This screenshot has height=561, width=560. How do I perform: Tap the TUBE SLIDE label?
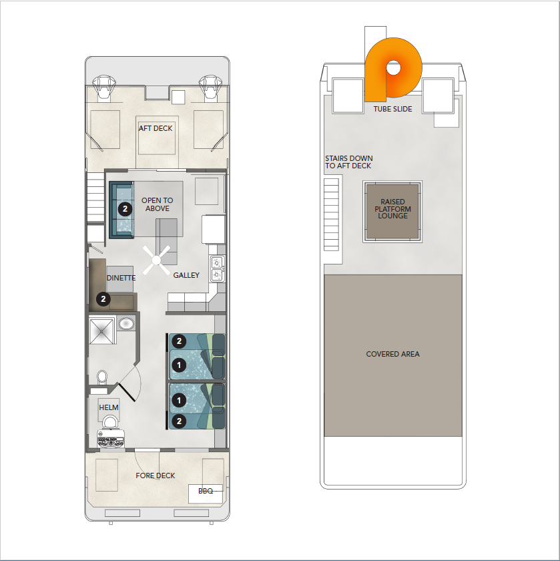(x=392, y=109)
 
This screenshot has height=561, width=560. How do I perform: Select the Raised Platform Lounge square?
(x=392, y=212)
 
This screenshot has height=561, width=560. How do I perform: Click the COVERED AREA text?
(x=392, y=354)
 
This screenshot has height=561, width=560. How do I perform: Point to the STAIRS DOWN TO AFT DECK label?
(x=348, y=162)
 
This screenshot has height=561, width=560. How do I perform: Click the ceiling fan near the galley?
(x=157, y=260)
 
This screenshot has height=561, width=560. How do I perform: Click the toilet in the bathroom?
(x=102, y=378)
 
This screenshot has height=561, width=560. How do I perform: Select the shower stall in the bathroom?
(x=102, y=331)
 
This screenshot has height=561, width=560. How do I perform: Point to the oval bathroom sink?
(x=126, y=324)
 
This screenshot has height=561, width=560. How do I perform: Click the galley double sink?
(x=218, y=268)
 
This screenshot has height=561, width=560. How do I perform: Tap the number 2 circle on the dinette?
(x=103, y=299)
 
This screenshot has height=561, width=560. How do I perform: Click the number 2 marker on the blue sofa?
(x=125, y=209)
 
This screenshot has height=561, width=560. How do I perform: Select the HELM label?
(x=109, y=407)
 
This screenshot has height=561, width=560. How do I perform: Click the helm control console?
(x=111, y=439)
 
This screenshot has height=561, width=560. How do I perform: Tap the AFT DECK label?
(x=156, y=128)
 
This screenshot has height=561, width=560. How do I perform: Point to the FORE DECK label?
(x=156, y=476)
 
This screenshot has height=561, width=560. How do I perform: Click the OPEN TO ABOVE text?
(x=158, y=204)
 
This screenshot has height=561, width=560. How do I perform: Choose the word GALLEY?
(x=186, y=275)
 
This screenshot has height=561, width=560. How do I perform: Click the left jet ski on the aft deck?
(x=103, y=87)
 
